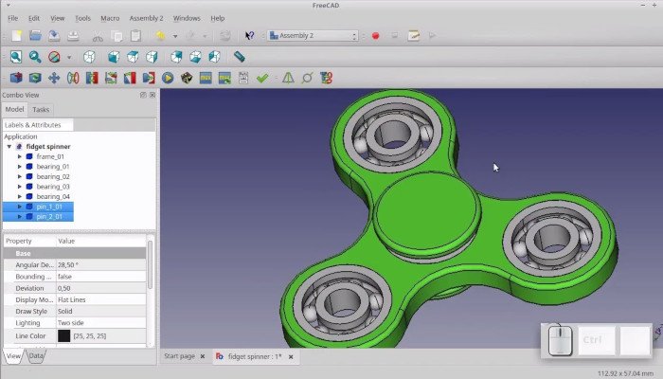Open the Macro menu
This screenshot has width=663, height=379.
point(110,18)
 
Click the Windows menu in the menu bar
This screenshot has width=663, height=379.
point(187,18)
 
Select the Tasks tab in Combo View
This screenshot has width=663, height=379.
point(41,110)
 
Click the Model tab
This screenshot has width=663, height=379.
point(14,110)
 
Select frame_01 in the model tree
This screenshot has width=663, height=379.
point(51,156)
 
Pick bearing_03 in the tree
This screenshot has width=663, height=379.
point(53,187)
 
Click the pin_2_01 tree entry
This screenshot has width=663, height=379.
point(49,216)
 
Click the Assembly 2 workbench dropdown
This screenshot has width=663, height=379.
point(313,36)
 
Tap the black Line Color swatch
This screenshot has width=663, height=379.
point(63,335)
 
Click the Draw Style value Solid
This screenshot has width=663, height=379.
point(65,311)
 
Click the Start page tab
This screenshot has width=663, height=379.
point(179,356)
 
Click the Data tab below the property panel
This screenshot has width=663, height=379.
point(36,356)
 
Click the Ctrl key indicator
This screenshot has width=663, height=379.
point(592,340)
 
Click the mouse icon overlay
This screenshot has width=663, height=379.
point(560,340)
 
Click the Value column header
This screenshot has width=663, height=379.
point(66,242)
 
